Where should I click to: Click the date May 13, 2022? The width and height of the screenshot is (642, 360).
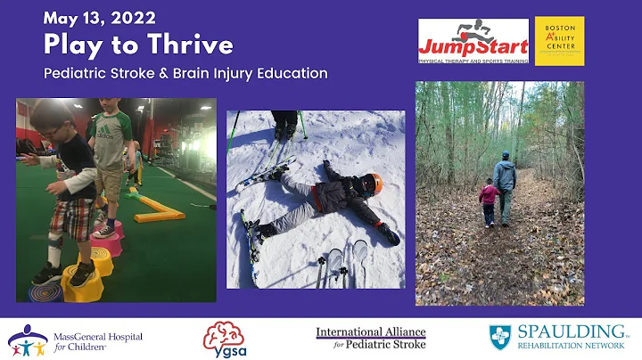(99, 17)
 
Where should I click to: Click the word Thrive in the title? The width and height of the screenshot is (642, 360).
(193, 44)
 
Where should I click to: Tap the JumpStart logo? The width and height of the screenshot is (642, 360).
(473, 40)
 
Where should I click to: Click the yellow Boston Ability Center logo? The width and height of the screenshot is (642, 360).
(559, 40)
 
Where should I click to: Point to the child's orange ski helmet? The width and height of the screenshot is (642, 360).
(374, 184)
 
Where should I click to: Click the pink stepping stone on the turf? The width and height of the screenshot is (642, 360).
(107, 240)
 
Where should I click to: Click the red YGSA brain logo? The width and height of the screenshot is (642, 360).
(220, 338)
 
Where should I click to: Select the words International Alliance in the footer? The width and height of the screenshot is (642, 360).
(370, 331)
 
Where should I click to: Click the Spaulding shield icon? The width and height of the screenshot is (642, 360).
(500, 337)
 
